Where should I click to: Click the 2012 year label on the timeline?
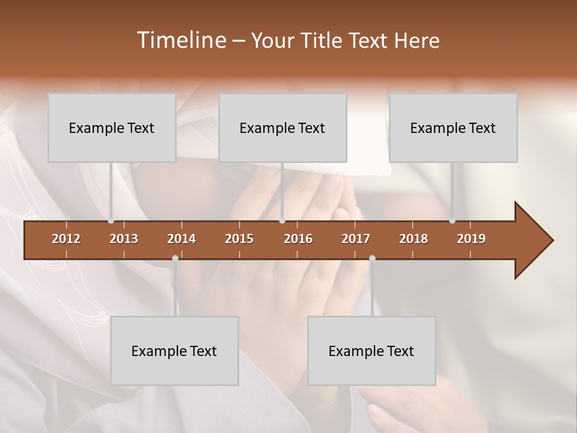pyautogui.click(x=66, y=239)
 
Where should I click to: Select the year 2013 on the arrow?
pyautogui.click(x=124, y=239)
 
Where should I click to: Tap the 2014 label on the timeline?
pyautogui.click(x=182, y=239)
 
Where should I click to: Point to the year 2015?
pyautogui.click(x=239, y=239)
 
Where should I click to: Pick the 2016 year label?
pyautogui.click(x=298, y=239)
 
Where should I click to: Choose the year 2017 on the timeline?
pyautogui.click(x=356, y=239)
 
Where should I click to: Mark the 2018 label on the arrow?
pyautogui.click(x=414, y=239)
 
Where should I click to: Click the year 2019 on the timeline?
pyautogui.click(x=471, y=239)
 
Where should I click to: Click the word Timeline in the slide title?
pyautogui.click(x=181, y=40)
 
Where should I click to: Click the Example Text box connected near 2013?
pyautogui.click(x=112, y=127)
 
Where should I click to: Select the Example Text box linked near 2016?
pyautogui.click(x=282, y=127)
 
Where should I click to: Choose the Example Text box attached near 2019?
pyautogui.click(x=453, y=127)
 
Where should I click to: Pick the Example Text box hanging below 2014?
pyautogui.click(x=174, y=351)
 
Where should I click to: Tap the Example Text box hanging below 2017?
pyautogui.click(x=371, y=351)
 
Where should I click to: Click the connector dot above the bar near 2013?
pyautogui.click(x=111, y=221)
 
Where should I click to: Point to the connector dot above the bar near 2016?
pyautogui.click(x=282, y=221)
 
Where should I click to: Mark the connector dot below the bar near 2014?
pyautogui.click(x=175, y=259)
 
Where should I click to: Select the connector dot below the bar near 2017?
pyautogui.click(x=372, y=259)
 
